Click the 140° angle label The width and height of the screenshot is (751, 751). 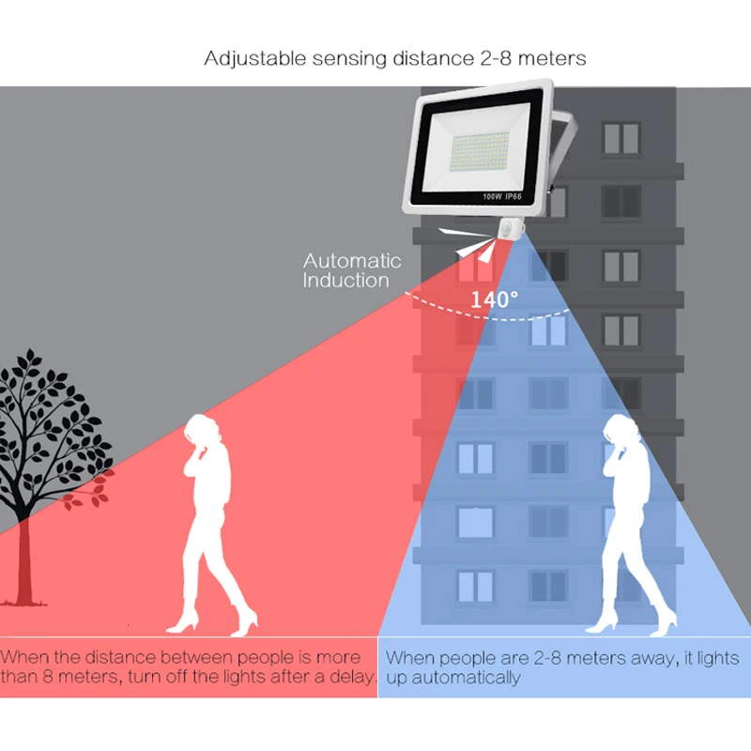[495, 300]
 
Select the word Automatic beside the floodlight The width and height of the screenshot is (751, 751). [351, 261]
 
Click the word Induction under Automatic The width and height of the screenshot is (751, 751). [345, 281]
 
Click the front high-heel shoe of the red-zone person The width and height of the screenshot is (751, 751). [181, 626]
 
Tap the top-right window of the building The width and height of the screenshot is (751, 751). [621, 138]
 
